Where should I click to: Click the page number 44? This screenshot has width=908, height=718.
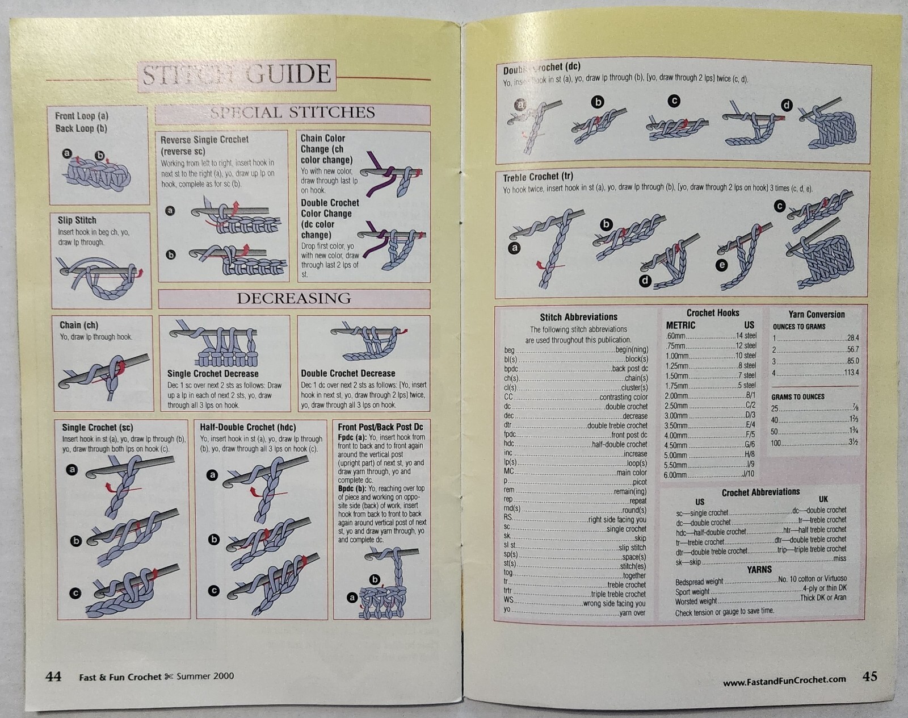coord(53,676)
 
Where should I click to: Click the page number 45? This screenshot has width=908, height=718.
coord(869,676)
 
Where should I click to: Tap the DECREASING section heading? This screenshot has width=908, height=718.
coord(293,298)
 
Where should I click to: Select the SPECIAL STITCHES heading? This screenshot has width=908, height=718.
coord(292,112)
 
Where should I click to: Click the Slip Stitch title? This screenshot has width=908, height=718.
coord(77,220)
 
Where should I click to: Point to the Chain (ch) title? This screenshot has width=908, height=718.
coord(79,325)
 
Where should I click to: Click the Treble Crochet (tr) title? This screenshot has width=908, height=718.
coord(537,177)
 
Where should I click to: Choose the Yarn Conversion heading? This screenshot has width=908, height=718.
coord(816,314)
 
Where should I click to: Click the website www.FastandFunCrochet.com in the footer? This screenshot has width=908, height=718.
coord(784,679)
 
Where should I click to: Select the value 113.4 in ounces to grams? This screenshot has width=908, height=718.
coord(851,373)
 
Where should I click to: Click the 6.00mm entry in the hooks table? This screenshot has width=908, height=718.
coord(676,475)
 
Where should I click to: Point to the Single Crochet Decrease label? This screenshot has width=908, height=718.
coord(213,374)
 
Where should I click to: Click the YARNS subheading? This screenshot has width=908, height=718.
coord(759,569)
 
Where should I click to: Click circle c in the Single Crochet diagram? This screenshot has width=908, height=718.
coord(75,594)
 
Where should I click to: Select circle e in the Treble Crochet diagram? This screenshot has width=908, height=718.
coord(722,265)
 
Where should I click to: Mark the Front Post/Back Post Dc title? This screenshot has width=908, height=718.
coord(380,427)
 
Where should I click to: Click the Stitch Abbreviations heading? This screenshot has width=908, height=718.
coord(578,317)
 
